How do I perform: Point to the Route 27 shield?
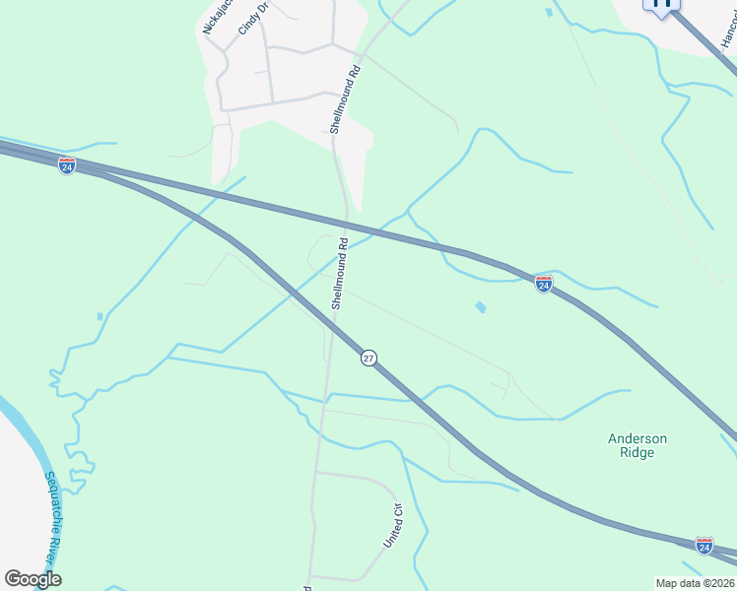point(368,359)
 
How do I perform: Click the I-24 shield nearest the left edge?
point(67,165)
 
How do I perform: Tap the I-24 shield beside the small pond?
point(544,284)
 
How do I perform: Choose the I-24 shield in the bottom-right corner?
point(704,546)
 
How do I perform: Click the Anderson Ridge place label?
point(637,446)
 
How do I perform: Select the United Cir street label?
point(392,526)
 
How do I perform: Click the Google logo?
point(33,579)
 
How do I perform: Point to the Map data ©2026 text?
point(695,583)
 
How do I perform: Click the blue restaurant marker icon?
point(662,5)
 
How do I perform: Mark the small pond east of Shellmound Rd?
point(480,307)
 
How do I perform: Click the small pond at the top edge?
point(548,13)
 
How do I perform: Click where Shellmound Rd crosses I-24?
point(346,222)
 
